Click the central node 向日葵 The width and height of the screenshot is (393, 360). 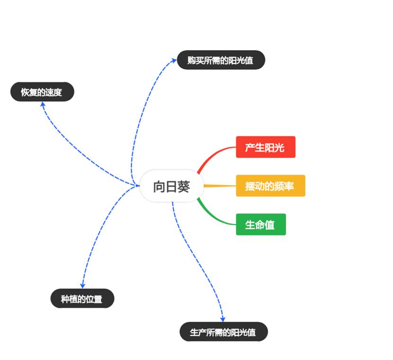171,186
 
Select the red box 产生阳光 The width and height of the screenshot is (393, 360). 265,147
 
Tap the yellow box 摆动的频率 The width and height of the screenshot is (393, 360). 270,185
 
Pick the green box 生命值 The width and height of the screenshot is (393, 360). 260,225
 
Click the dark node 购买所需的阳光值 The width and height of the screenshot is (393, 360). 221,60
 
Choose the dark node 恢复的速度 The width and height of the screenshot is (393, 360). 42,92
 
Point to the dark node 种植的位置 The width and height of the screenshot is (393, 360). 82,299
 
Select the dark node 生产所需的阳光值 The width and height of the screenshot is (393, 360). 223,332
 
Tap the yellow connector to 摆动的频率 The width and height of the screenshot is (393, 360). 220,186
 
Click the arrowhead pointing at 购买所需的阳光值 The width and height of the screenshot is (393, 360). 174,60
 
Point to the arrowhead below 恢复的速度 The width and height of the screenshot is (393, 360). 43,104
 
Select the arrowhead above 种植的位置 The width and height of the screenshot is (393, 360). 82,285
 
